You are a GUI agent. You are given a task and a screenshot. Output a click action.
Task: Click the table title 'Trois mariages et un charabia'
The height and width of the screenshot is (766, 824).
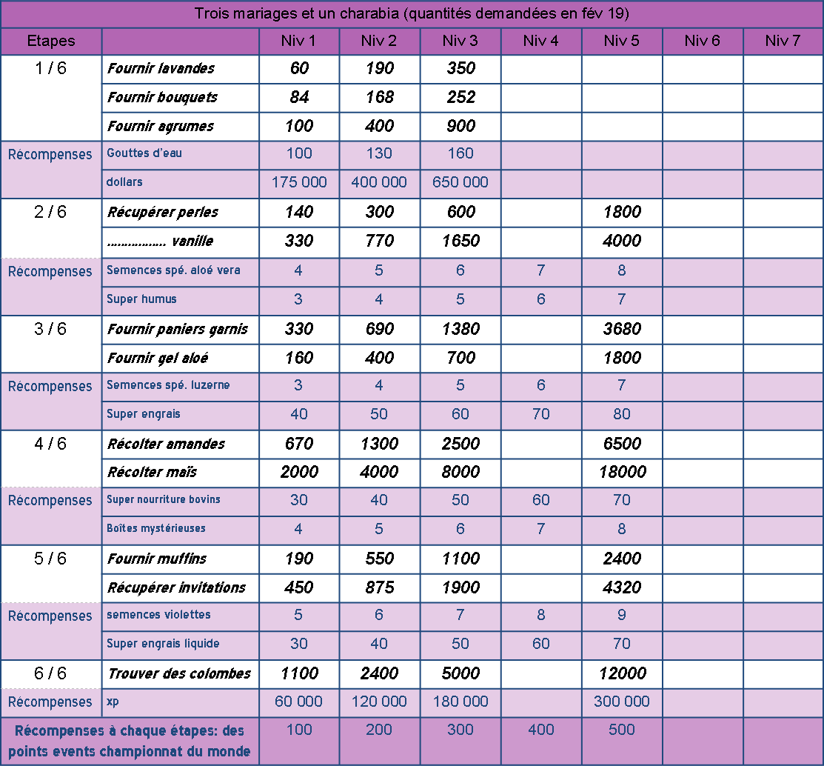(x=411, y=13)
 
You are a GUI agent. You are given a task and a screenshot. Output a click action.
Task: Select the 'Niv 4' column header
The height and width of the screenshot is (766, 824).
(x=540, y=41)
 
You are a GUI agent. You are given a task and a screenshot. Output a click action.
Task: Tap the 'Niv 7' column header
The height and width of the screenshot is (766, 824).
(x=783, y=41)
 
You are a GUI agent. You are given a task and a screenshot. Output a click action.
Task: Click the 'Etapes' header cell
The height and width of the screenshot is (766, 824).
(x=50, y=41)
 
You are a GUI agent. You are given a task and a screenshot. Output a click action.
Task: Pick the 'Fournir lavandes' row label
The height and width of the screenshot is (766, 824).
(x=161, y=68)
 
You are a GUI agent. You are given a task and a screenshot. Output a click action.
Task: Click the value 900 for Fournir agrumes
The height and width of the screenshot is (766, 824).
(x=460, y=126)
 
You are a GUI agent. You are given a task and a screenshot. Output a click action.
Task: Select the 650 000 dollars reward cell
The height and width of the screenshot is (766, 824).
(x=460, y=182)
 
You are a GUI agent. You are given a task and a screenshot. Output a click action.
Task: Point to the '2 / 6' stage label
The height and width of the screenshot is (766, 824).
(x=50, y=212)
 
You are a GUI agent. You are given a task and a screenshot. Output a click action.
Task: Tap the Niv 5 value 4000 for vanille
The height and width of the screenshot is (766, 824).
(x=621, y=241)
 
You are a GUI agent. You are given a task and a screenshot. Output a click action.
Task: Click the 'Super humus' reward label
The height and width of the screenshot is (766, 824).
(x=141, y=299)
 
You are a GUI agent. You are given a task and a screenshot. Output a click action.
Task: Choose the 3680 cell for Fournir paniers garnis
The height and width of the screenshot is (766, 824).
(x=621, y=329)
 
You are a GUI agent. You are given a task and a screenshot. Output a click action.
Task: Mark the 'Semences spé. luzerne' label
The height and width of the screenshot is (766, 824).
(x=168, y=385)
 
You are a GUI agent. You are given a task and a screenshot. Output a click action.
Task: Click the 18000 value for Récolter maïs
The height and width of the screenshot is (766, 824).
(x=621, y=472)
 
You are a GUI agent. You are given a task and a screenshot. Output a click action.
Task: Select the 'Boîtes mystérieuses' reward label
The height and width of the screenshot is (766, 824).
(x=156, y=529)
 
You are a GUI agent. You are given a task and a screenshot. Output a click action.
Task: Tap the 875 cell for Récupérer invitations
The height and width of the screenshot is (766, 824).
(x=379, y=587)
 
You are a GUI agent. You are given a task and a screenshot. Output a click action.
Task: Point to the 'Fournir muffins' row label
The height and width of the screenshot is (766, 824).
(x=157, y=559)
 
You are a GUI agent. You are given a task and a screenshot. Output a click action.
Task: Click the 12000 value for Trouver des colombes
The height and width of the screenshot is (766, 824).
(x=621, y=673)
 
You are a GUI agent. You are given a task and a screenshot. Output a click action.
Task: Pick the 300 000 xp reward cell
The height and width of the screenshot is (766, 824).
(x=621, y=702)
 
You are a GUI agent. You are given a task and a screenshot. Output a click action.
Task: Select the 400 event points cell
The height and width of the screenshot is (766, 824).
(x=540, y=730)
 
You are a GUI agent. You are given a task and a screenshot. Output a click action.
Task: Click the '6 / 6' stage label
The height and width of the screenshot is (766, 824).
(x=50, y=673)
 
